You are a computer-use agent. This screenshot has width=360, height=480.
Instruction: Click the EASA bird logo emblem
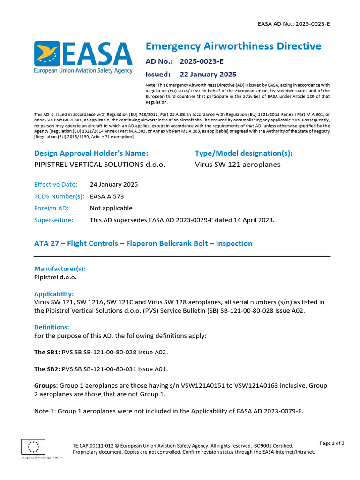tap(47, 54)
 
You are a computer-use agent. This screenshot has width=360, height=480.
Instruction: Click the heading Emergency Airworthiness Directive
tap(233, 46)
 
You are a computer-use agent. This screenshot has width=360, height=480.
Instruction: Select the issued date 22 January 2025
tap(208, 74)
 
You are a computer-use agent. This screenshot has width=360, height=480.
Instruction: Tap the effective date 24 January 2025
tap(114, 184)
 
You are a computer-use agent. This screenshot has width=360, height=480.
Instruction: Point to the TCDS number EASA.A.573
tap(107, 196)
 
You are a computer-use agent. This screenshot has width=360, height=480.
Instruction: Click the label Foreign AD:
tap(52, 208)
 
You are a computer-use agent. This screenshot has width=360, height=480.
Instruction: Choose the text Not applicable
tap(111, 208)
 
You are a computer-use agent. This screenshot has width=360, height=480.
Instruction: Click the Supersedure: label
tap(54, 220)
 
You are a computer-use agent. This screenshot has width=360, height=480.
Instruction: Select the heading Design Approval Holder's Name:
tap(91, 153)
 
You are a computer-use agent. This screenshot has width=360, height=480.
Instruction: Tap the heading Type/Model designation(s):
tap(243, 153)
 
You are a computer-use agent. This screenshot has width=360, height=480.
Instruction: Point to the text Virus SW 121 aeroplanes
tap(238, 165)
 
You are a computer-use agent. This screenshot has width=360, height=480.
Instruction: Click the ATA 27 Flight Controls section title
tap(143, 243)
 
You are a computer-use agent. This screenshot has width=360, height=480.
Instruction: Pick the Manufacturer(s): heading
tap(60, 269)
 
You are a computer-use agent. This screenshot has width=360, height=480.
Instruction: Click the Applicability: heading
tap(54, 294)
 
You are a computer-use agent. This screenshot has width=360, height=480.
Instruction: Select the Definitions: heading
tap(52, 327)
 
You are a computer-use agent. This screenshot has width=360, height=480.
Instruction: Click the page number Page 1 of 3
tap(332, 443)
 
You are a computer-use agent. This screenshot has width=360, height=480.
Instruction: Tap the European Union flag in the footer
tap(33, 446)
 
